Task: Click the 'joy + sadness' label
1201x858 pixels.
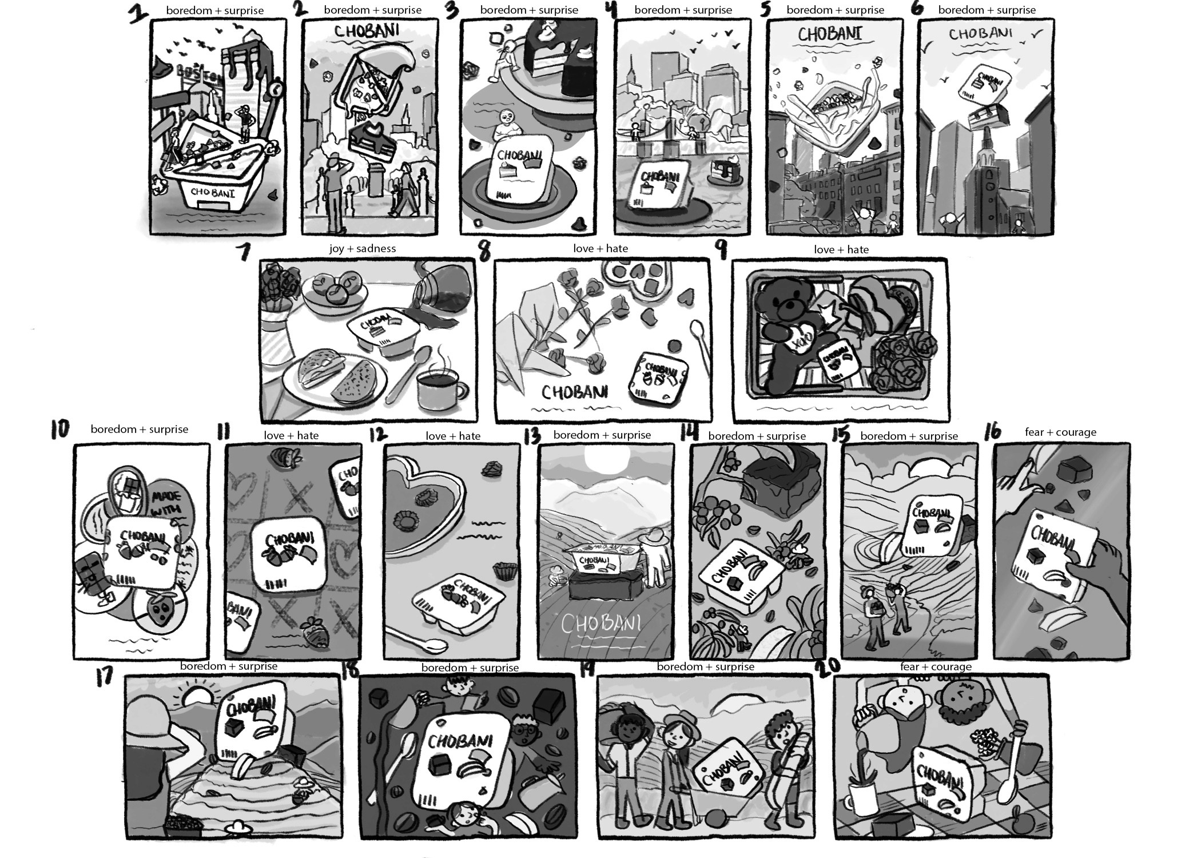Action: (362, 248)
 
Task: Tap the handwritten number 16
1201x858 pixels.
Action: (993, 432)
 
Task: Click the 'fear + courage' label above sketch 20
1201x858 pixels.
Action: (936, 666)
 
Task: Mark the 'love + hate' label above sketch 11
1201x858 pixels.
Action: (291, 435)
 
